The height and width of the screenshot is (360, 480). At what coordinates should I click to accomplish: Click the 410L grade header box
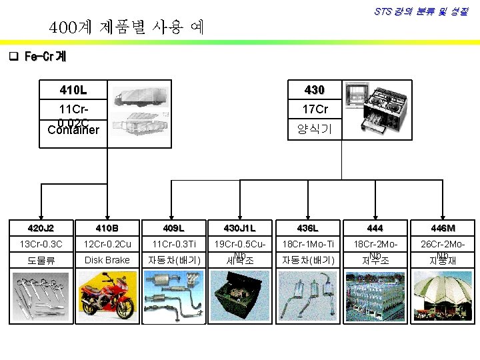pos(73,89)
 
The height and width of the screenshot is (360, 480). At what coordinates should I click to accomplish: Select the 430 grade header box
pos(313,89)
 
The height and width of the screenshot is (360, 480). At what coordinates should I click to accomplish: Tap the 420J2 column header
pos(42,227)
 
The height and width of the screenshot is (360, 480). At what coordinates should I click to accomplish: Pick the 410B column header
pos(107,227)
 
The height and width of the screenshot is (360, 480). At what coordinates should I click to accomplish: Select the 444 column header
pos(375,227)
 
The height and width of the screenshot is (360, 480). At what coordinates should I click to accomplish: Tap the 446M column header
pos(441,227)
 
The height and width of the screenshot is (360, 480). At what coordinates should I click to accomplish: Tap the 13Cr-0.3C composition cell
pos(42,243)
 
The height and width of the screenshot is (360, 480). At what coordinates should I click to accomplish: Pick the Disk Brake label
pos(107,260)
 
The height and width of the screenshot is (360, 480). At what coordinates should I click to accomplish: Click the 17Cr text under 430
pos(315,109)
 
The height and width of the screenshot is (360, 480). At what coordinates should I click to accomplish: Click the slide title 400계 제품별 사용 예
pos(127,28)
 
